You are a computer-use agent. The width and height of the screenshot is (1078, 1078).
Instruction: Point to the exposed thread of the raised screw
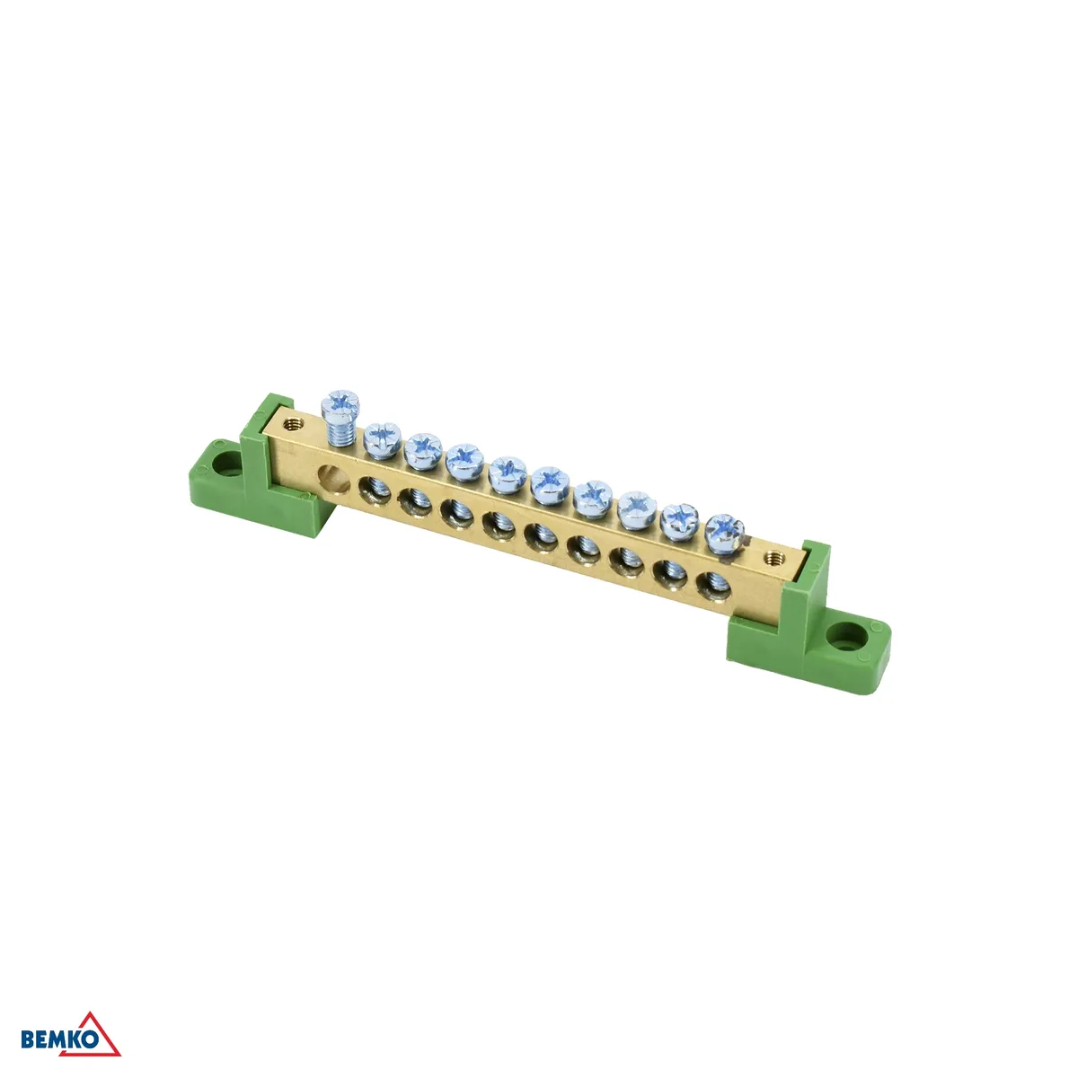pos(340,433)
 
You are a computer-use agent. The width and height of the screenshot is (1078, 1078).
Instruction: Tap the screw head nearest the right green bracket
pos(724,532)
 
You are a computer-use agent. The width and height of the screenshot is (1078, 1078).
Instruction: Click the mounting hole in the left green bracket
pos(227,464)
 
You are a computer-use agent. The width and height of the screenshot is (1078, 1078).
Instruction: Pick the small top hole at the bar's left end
pos(291,424)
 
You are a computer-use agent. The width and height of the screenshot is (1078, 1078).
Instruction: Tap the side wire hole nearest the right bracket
pos(714,586)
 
